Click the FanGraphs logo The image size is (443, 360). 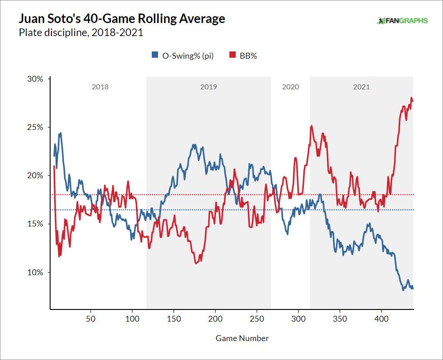(402, 21)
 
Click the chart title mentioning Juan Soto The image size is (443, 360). (121, 19)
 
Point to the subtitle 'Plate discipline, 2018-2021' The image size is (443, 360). (81, 32)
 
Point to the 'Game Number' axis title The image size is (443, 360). (242, 338)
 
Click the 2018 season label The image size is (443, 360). (100, 87)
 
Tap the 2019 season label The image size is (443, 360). (209, 87)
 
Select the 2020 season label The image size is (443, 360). (290, 87)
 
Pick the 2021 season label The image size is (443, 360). (361, 87)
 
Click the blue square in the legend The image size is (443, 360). (154, 56)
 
